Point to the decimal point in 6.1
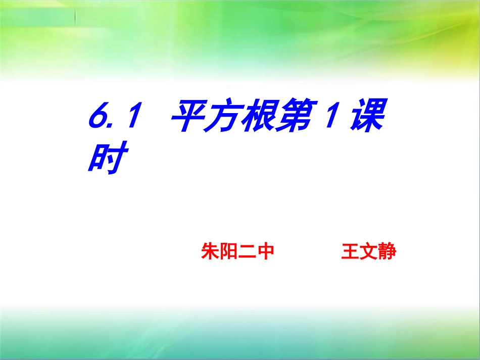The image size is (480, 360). (x=115, y=127)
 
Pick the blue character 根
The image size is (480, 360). (x=258, y=118)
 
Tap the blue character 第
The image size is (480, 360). (x=293, y=118)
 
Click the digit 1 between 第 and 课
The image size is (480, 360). (x=328, y=118)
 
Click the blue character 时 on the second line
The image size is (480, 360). (x=106, y=157)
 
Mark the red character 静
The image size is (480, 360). (x=387, y=251)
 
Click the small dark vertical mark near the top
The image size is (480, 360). (x=76, y=18)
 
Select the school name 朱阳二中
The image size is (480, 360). (x=237, y=251)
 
